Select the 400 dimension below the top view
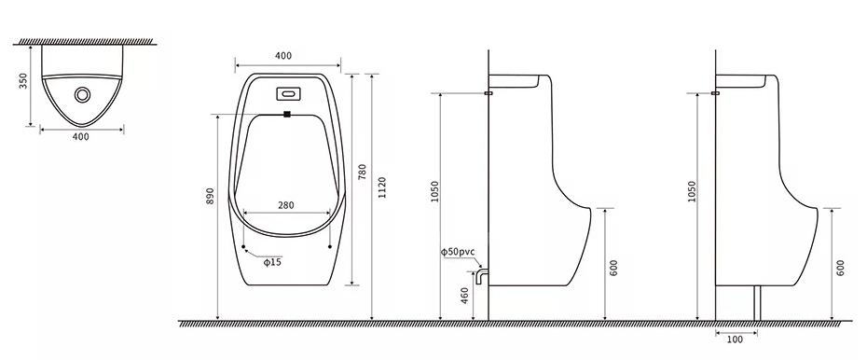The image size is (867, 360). (x=81, y=137)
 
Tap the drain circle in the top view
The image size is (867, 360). (x=82, y=95)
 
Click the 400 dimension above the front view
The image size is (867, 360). (x=283, y=56)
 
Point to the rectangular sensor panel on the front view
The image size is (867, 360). (x=288, y=93)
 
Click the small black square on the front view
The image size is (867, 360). (x=287, y=114)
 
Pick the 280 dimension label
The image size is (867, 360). (x=286, y=205)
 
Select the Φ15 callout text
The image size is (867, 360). (x=272, y=262)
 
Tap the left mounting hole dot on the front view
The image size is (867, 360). (x=243, y=246)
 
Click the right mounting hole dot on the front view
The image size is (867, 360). (x=329, y=246)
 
